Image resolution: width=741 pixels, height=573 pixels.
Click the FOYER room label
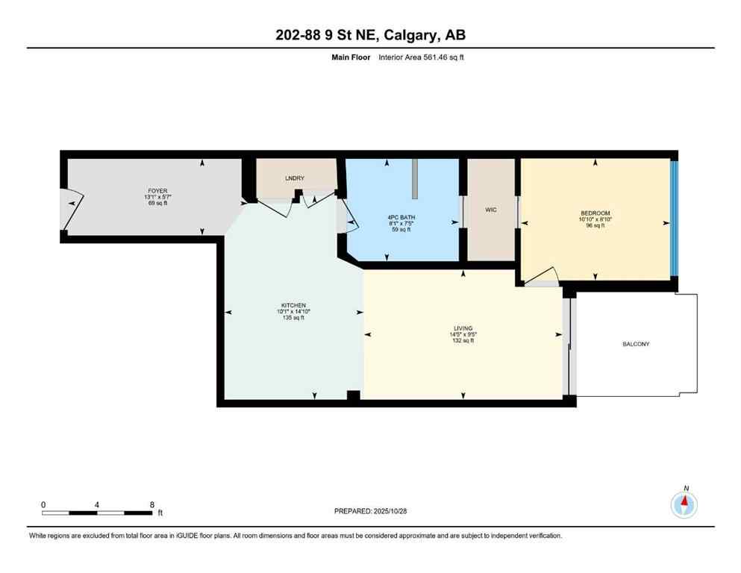(156, 190)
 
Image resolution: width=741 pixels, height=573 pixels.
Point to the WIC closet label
(490, 210)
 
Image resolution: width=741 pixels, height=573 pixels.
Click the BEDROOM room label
(595, 213)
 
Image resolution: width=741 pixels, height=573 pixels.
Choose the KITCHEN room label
(293, 305)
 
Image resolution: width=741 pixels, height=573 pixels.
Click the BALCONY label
(636, 344)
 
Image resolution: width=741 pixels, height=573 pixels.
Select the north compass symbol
(684, 505)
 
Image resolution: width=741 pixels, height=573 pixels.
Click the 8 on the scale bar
(151, 504)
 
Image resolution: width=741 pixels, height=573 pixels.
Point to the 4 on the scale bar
(97, 504)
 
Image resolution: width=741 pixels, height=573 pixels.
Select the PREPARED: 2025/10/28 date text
(370, 511)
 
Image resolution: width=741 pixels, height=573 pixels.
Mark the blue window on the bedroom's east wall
(673, 219)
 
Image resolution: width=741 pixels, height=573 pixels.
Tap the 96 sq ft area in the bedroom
(595, 226)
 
